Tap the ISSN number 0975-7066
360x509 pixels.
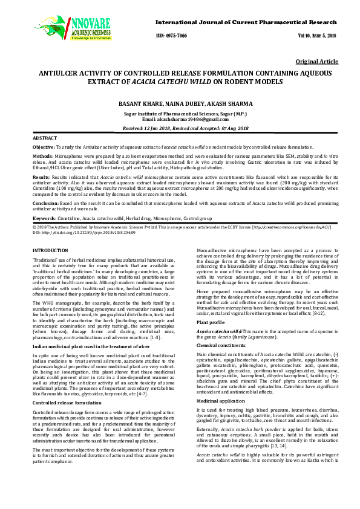172,36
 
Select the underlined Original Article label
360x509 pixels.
317,62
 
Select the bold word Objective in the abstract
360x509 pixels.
43,148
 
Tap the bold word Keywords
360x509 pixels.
44,216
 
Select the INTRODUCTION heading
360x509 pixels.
50,250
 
